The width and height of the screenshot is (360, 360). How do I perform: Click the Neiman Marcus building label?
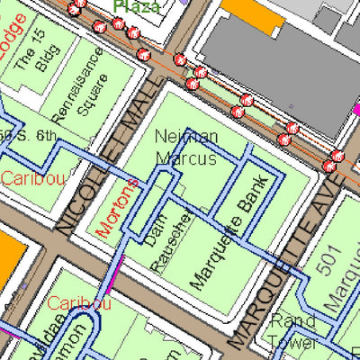tap(185, 147)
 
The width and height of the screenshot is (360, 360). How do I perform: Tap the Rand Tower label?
tap(292, 332)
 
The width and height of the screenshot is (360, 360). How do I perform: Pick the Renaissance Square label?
tap(89, 85)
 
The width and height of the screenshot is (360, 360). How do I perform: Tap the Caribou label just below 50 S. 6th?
tap(32, 178)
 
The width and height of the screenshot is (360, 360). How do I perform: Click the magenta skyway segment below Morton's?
tap(114, 274)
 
